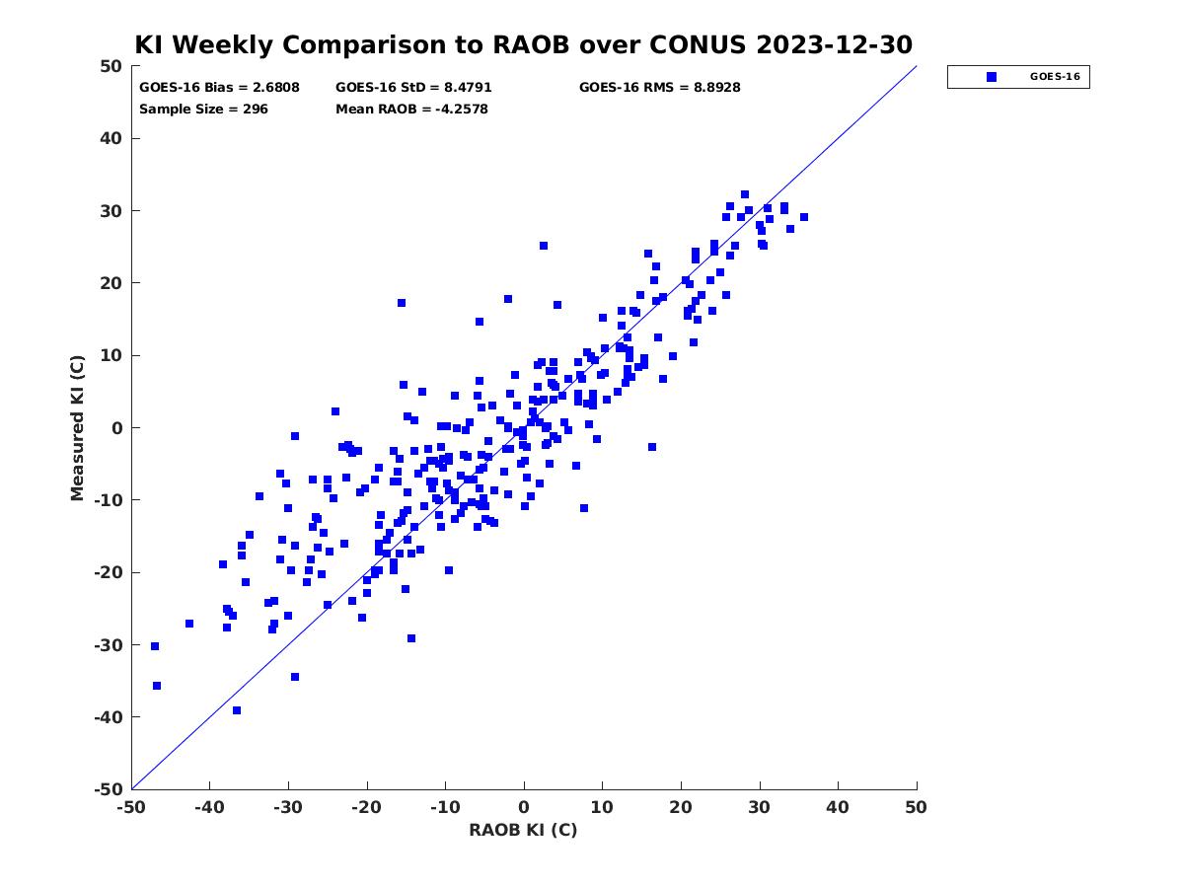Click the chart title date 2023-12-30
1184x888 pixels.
click(834, 44)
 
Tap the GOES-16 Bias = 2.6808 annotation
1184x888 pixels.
click(219, 88)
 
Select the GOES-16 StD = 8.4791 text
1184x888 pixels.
click(413, 88)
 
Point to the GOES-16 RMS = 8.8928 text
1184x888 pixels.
click(659, 88)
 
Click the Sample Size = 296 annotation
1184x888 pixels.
click(203, 110)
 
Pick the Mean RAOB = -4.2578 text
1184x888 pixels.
click(411, 110)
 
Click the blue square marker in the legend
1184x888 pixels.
click(992, 77)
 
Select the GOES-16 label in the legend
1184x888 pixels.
click(1055, 77)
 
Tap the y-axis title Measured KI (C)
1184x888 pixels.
click(77, 427)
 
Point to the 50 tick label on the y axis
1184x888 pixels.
click(111, 66)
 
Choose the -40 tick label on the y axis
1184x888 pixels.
click(109, 717)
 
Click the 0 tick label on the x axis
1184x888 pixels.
click(524, 808)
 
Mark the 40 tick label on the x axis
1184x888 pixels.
click(838, 808)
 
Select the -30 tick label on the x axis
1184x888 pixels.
click(288, 808)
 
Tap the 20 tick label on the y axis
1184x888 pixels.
click(111, 283)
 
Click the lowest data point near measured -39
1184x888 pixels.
click(236, 710)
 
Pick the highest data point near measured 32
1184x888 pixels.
click(744, 194)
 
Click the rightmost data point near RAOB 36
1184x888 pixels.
click(804, 217)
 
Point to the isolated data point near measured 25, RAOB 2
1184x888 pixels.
click(544, 246)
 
